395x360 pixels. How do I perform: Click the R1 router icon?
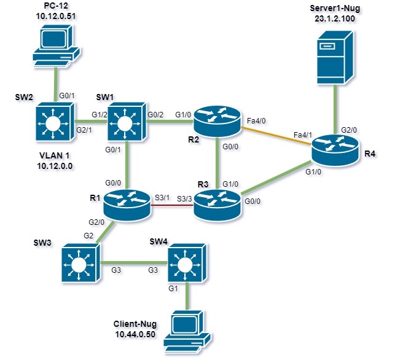pyautogui.click(x=126, y=203)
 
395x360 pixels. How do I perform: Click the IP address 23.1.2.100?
pyautogui.click(x=334, y=19)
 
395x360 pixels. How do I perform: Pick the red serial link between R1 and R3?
pyautogui.click(x=171, y=206)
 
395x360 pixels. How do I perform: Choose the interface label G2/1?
pyautogui.click(x=84, y=130)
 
